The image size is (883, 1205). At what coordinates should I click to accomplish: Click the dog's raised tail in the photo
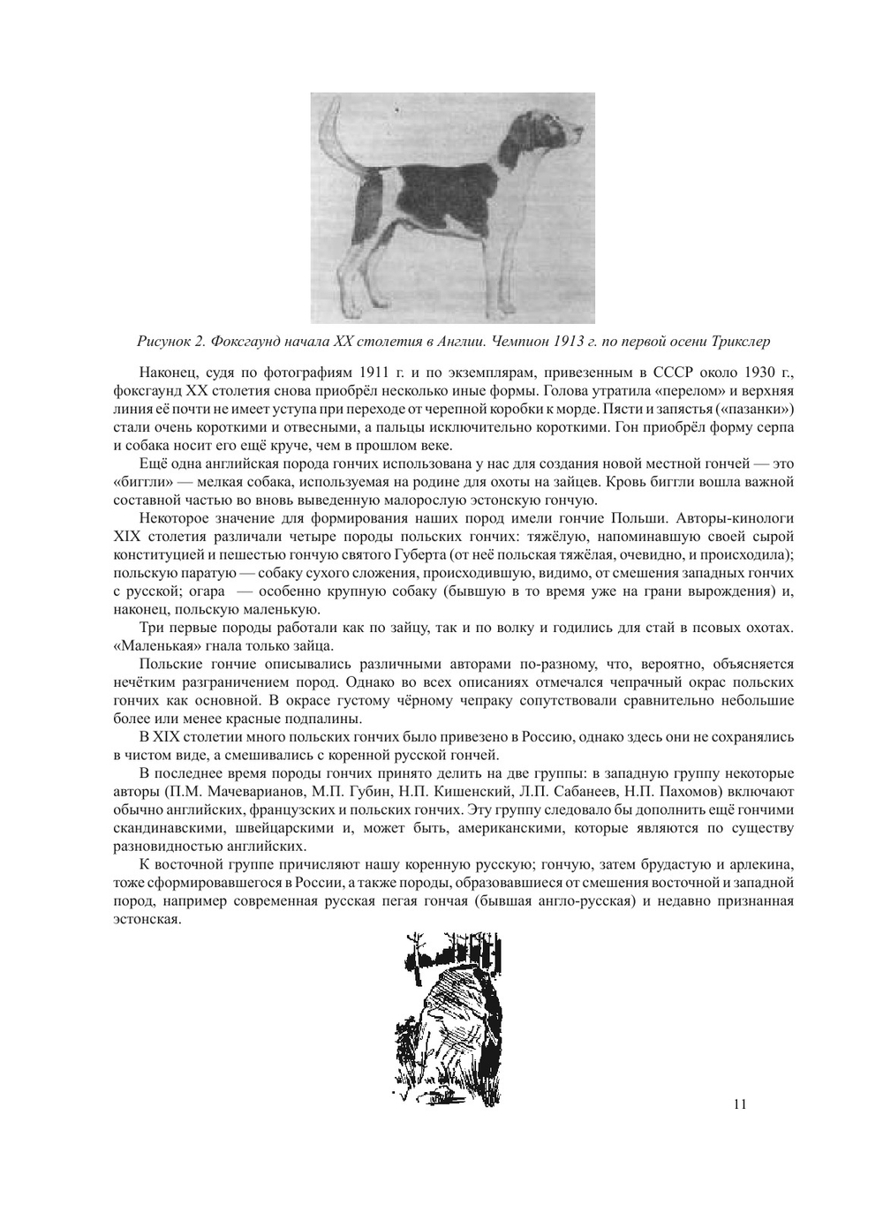click(334, 132)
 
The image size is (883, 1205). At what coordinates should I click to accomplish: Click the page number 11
click(740, 1103)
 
